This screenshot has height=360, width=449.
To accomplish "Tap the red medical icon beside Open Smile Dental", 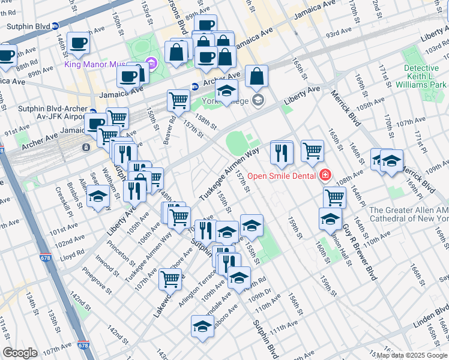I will click(325, 175).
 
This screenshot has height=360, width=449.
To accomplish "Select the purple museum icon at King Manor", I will click(151, 62).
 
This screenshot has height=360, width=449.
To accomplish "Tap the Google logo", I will click(20, 353).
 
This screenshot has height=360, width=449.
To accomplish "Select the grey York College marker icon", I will click(258, 100).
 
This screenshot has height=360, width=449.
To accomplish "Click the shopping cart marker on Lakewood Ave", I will click(170, 278).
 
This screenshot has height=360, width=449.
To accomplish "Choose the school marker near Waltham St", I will click(98, 197).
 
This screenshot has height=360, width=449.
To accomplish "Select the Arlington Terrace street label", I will click(197, 289).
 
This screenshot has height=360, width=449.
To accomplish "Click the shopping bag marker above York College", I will click(256, 76).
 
